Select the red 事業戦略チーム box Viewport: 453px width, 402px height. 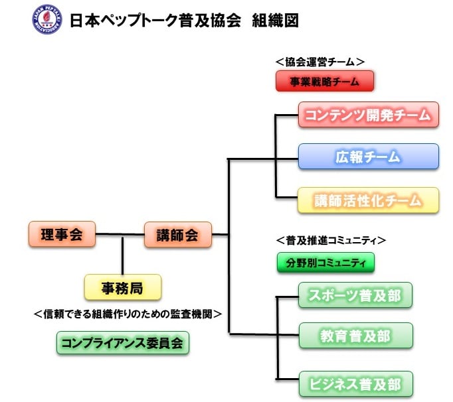click(x=325, y=82)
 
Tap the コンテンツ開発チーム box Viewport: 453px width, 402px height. click(x=368, y=115)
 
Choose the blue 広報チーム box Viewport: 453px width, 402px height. click(x=368, y=157)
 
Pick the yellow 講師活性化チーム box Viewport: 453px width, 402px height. click(x=368, y=200)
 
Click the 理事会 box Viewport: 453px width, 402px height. click(x=62, y=234)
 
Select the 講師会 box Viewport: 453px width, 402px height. click(x=177, y=234)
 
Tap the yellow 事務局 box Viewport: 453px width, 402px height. click(x=122, y=288)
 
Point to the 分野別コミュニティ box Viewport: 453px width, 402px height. click(x=325, y=263)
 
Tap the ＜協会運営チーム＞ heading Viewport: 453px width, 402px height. click(x=319, y=61)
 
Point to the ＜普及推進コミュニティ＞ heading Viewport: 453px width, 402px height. click(x=330, y=240)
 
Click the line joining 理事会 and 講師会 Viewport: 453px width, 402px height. click(x=120, y=234)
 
